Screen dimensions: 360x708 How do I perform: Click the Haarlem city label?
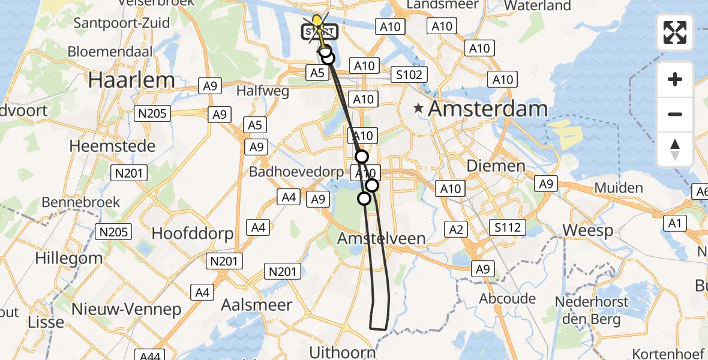click(131, 80)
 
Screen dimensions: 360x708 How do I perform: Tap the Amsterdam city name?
click(488, 109)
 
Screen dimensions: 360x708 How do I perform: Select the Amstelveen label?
click(381, 238)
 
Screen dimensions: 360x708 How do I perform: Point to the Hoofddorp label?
click(192, 233)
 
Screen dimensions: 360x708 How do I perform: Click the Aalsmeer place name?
click(256, 304)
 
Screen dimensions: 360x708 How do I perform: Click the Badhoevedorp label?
click(296, 172)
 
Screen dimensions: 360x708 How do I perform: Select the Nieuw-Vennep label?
click(126, 310)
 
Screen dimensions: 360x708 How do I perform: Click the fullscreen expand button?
click(675, 32)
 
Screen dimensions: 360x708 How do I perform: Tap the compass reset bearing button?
click(675, 149)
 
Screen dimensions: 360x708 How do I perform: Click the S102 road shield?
click(409, 74)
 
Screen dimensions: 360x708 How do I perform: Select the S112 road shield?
click(507, 227)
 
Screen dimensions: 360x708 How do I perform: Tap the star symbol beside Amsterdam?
click(418, 109)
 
